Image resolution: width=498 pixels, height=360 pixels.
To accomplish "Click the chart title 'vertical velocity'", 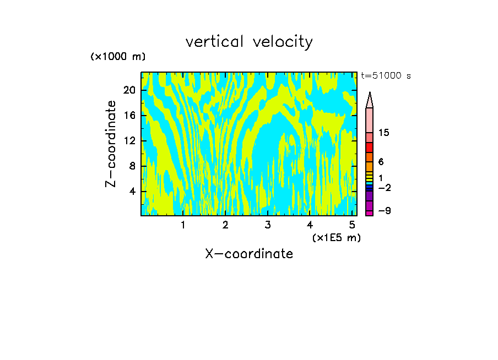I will coord(249,42).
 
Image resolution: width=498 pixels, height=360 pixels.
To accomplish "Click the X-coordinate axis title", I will coord(249,254).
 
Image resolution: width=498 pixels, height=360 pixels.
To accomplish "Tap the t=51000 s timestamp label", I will coord(386,76).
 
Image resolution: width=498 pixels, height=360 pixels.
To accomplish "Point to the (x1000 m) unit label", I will coord(118,57).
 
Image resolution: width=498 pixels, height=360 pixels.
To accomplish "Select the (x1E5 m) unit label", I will coord(337,237).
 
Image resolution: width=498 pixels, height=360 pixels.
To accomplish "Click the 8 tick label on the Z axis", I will coord(132,166).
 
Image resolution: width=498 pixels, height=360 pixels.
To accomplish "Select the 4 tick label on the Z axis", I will coord(132,192).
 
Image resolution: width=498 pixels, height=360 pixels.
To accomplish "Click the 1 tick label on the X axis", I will coord(183,225).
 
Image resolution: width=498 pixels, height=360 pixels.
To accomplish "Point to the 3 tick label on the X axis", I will coord(267,225).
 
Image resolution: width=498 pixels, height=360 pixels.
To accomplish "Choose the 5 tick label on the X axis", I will coord(352,225).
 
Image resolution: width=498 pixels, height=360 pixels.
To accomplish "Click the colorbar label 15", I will coord(384,133).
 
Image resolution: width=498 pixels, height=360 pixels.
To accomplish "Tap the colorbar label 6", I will coord(381,162).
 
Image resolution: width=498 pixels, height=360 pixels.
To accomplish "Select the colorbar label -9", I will coord(384,211).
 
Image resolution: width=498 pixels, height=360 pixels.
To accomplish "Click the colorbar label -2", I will coord(384,188).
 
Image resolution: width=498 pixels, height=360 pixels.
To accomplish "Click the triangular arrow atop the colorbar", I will coord(370,100).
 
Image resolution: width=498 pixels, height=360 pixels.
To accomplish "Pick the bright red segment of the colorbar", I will coord(370,148).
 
